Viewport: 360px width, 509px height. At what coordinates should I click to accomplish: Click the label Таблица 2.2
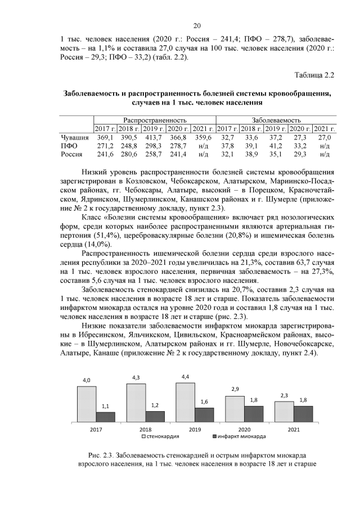coord(314,74)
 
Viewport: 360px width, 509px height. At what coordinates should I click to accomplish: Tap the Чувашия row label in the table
coord(74,137)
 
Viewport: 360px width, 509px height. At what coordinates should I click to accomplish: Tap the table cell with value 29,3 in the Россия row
coord(301,154)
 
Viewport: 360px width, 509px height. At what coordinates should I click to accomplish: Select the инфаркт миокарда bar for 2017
coord(105,416)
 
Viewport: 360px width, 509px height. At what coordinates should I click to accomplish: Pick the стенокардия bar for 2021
coord(284,411)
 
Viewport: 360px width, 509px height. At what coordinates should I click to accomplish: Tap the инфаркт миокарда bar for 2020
coord(254,413)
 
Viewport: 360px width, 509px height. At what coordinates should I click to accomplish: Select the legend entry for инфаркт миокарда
coord(238,436)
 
